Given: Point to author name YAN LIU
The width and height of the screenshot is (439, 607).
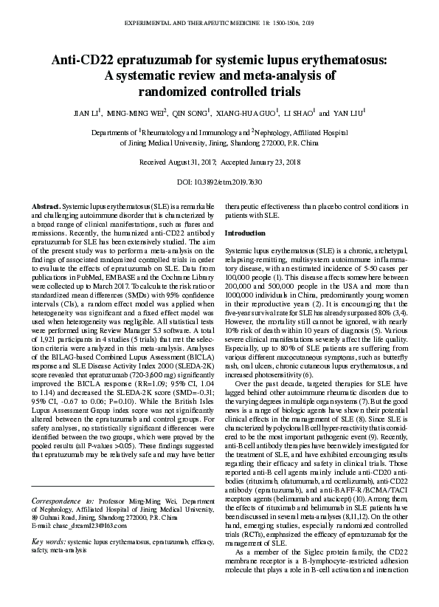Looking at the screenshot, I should [x=348, y=114].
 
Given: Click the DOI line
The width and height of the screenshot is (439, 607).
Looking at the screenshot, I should [x=220, y=182].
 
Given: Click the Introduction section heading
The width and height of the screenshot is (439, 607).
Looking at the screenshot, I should [x=244, y=233].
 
